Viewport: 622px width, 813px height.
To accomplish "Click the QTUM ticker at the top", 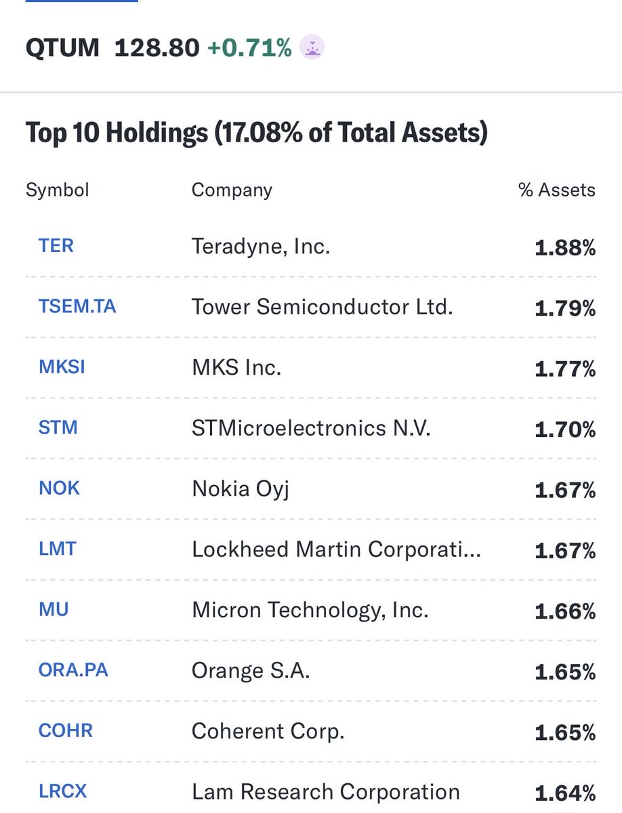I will [x=62, y=48].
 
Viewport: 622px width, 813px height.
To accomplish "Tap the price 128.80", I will [x=157, y=48].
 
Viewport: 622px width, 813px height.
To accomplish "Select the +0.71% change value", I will [x=249, y=48].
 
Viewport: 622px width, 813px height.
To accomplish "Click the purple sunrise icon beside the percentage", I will [x=312, y=48].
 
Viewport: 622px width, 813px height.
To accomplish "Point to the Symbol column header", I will [x=58, y=190].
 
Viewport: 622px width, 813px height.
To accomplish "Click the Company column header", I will [x=232, y=190].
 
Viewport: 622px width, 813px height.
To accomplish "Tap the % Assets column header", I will [x=557, y=190].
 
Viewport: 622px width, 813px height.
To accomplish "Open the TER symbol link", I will [x=56, y=245].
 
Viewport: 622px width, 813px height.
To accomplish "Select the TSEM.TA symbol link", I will [x=77, y=306].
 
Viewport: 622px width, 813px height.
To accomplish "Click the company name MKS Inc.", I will [x=236, y=368].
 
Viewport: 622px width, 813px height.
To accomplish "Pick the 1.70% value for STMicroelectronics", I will [x=565, y=430].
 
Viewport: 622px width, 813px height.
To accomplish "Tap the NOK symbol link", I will [x=60, y=488].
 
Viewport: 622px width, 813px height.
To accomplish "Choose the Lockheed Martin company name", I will [x=336, y=549].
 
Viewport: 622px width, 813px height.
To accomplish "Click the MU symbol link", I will [x=54, y=609].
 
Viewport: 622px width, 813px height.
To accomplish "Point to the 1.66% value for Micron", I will [x=565, y=611].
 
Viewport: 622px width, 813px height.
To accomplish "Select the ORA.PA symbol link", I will [x=74, y=670].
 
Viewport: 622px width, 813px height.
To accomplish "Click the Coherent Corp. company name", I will [x=268, y=731].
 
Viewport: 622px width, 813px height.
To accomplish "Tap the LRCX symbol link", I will [x=63, y=791].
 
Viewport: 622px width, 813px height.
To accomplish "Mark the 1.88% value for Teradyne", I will [x=565, y=248].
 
